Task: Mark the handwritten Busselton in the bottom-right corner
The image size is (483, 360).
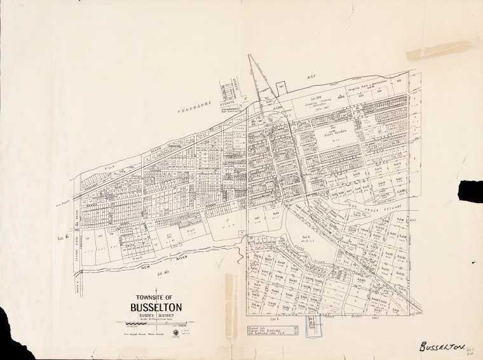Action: tap(442, 347)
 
